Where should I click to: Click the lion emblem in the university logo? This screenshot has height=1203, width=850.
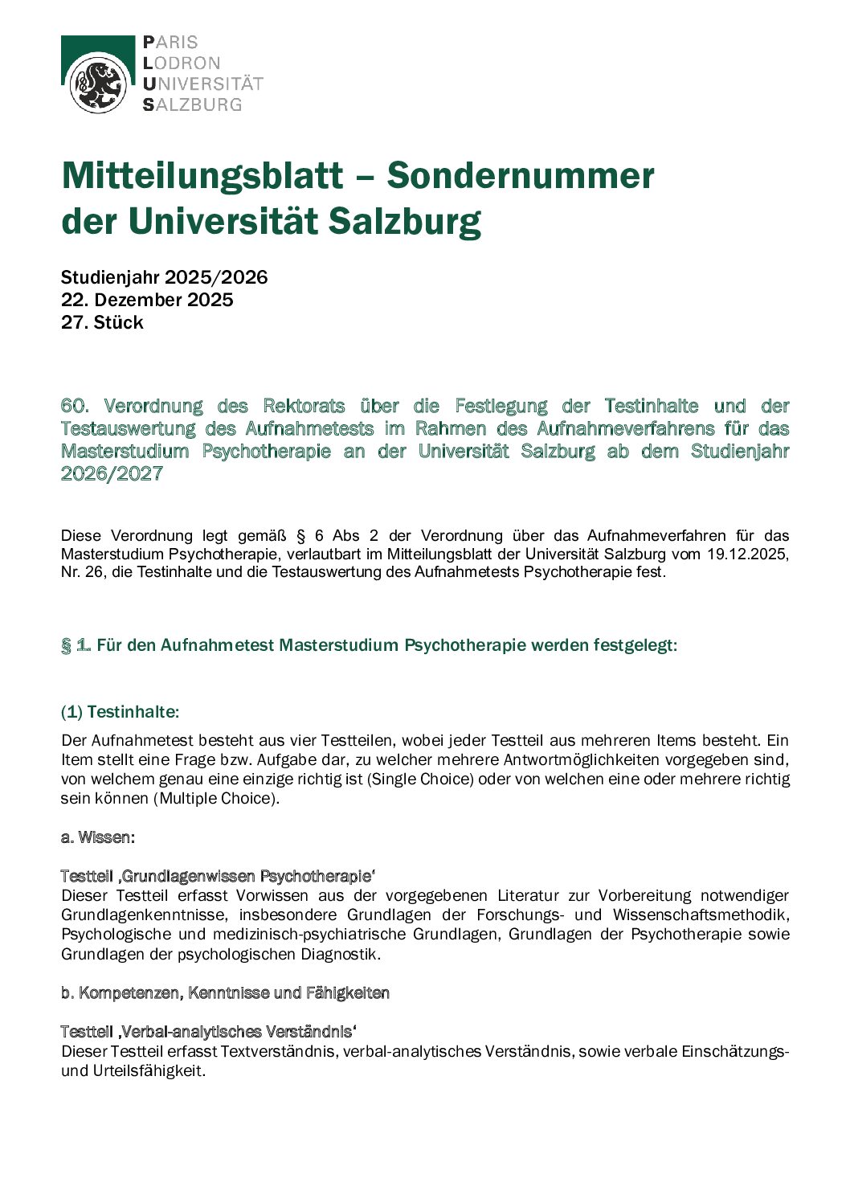point(98,84)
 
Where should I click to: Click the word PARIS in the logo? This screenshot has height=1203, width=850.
point(170,43)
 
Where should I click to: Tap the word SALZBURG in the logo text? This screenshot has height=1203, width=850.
point(193,104)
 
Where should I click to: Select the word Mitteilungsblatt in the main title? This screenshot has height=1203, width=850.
point(202,176)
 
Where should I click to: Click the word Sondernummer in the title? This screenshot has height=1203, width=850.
point(521,176)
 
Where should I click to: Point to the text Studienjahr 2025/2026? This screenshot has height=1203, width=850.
point(164,277)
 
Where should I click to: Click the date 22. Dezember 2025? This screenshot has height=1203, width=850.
point(147,300)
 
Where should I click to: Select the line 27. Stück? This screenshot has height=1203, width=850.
point(102,322)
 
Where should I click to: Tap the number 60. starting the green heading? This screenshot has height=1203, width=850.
point(75,406)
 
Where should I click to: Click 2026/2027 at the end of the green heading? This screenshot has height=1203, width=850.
point(112,473)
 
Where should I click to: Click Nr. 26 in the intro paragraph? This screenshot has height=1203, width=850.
point(82,572)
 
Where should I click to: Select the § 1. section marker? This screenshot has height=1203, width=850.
point(76,645)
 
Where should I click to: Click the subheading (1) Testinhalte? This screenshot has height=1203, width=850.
point(120,712)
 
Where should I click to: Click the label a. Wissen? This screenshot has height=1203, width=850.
point(98,837)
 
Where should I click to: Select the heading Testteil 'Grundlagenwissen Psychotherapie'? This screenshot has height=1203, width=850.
point(218,876)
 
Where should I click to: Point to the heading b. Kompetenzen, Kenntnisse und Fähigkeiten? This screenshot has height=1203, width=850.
point(225,993)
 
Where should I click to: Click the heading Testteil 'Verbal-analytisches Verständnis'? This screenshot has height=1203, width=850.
point(208,1032)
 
